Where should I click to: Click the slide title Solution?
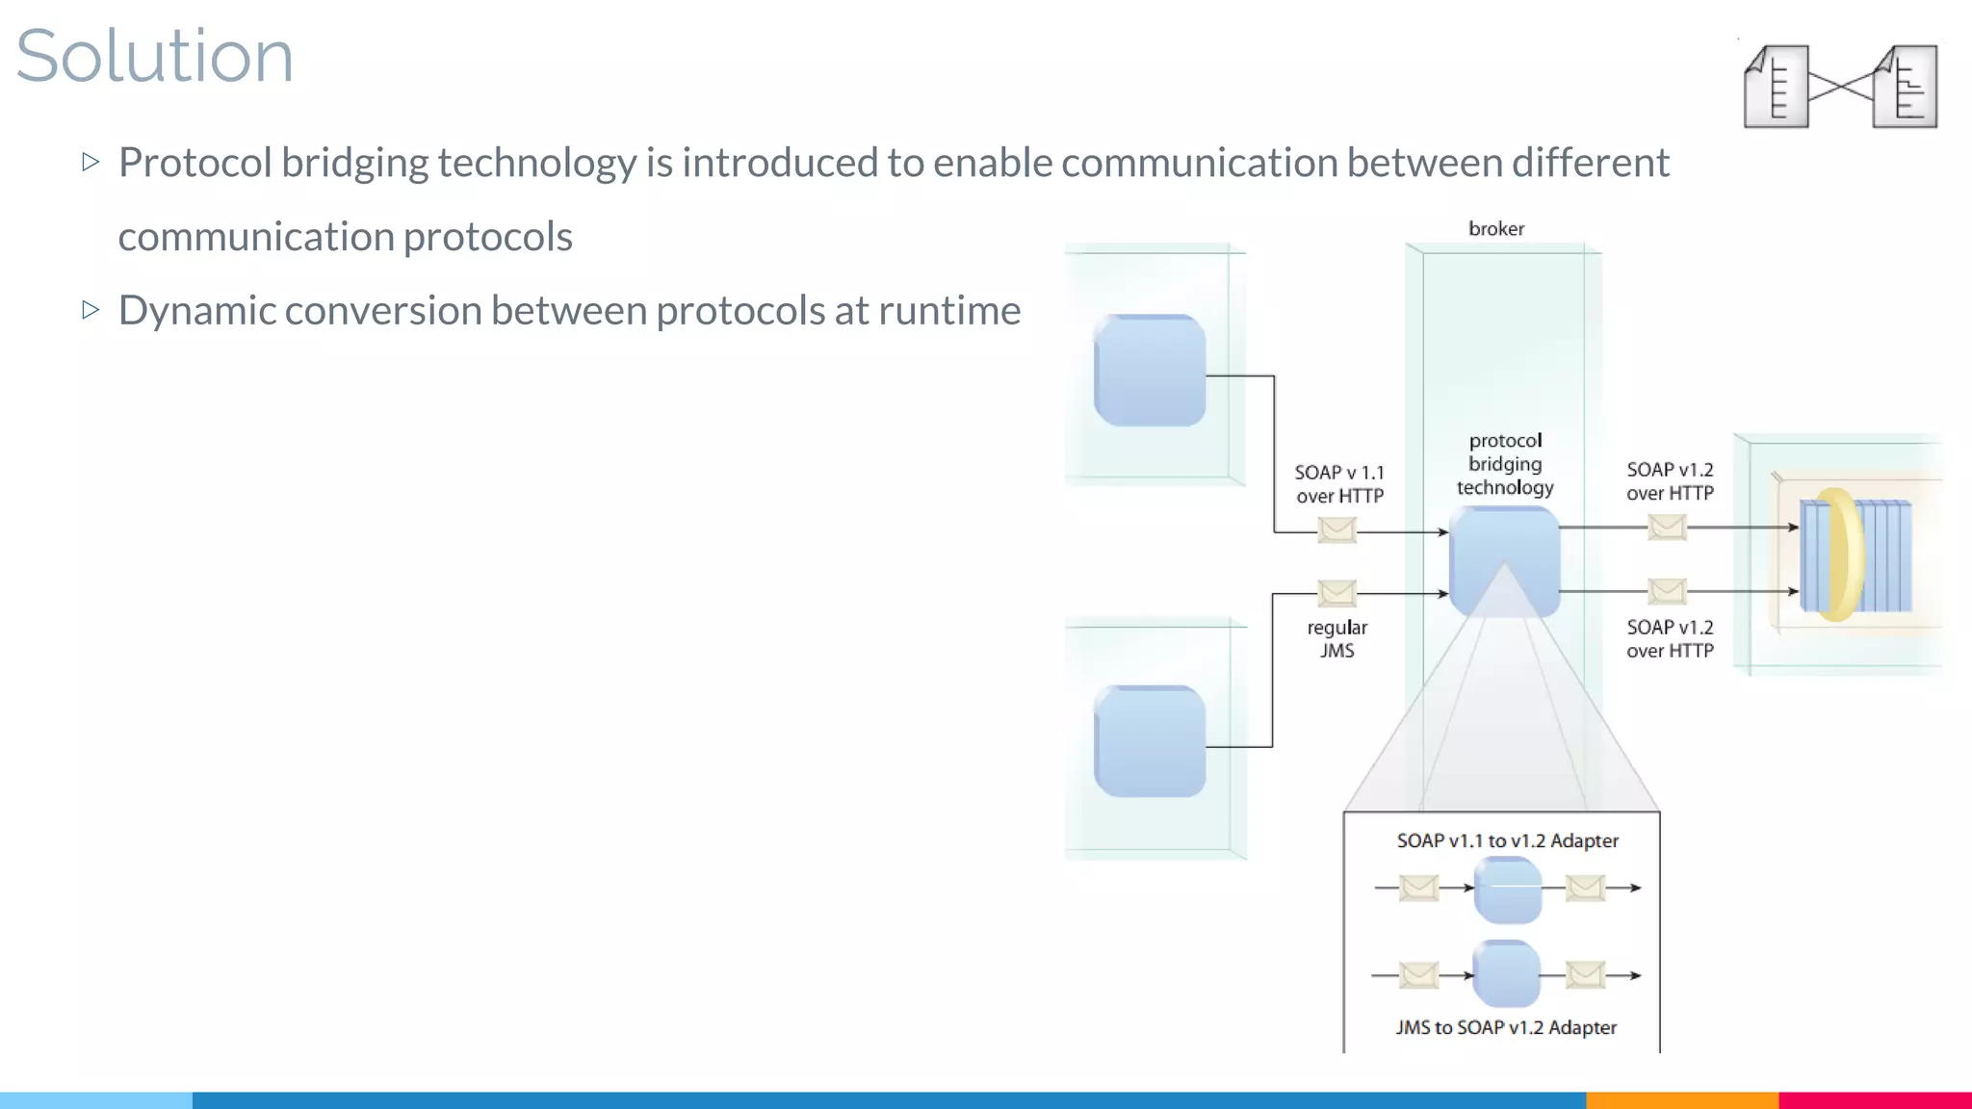pyautogui.click(x=154, y=56)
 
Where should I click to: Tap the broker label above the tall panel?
pyautogui.click(x=1495, y=229)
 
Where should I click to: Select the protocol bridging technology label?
pyautogui.click(x=1505, y=464)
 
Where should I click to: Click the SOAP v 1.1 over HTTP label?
pyautogui.click(x=1338, y=484)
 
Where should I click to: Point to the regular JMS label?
pyautogui.click(x=1336, y=638)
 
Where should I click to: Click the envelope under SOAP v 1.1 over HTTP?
pyautogui.click(x=1336, y=529)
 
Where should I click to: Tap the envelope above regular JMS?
pyautogui.click(x=1336, y=592)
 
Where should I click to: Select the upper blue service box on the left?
pyautogui.click(x=1150, y=371)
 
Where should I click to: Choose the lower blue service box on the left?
pyautogui.click(x=1150, y=741)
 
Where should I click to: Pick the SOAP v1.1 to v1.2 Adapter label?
pyautogui.click(x=1507, y=840)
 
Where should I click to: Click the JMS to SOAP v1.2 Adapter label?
pyautogui.click(x=1506, y=1027)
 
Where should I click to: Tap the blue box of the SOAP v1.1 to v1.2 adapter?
pyautogui.click(x=1508, y=890)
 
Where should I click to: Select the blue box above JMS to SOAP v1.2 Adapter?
pyautogui.click(x=1506, y=974)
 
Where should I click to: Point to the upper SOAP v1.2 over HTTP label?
pyautogui.click(x=1670, y=481)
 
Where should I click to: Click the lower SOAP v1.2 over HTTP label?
pyautogui.click(x=1670, y=638)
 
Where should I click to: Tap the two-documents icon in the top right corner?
pyautogui.click(x=1840, y=87)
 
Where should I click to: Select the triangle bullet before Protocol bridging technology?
pyautogui.click(x=91, y=162)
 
